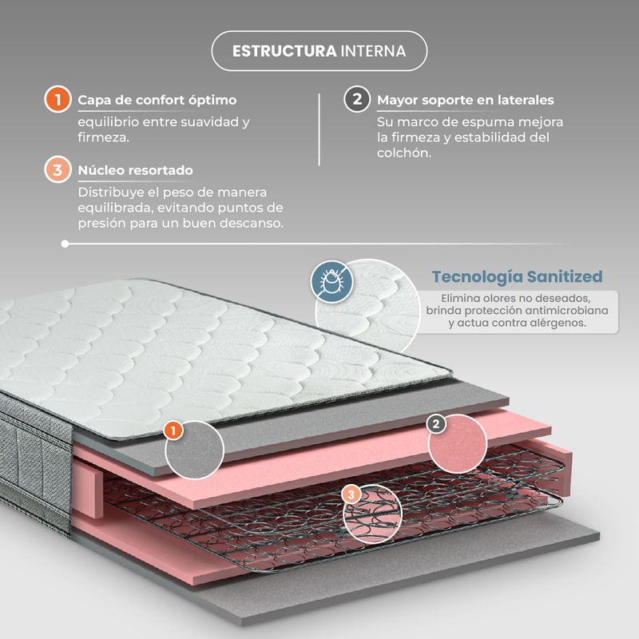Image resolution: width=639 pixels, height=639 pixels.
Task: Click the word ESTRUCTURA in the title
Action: (x=284, y=51)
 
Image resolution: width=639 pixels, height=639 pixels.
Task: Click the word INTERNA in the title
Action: (x=373, y=51)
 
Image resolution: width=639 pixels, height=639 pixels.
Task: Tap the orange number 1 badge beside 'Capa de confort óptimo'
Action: (x=58, y=99)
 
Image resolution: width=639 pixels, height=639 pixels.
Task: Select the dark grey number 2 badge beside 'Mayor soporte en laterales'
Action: (x=357, y=99)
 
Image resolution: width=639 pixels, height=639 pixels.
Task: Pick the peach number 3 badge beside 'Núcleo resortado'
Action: (x=58, y=169)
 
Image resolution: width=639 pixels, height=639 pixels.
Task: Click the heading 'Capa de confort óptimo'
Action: (x=157, y=100)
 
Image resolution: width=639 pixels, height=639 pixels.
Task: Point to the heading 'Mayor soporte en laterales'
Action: (x=466, y=100)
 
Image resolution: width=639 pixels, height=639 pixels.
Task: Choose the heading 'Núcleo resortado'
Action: (x=135, y=170)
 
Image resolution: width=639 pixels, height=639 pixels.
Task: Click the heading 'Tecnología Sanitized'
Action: (x=517, y=276)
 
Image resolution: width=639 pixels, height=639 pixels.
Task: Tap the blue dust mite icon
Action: (x=331, y=282)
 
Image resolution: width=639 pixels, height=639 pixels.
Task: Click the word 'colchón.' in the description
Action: (x=404, y=153)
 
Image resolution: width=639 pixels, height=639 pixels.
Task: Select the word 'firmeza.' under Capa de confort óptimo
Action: (x=104, y=137)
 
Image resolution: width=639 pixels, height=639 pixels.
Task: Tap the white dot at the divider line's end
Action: (x=65, y=244)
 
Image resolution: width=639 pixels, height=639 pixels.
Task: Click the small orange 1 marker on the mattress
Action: (x=173, y=431)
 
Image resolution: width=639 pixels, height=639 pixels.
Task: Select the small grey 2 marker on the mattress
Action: (x=435, y=424)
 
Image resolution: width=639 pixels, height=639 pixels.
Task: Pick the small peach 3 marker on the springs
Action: (x=351, y=494)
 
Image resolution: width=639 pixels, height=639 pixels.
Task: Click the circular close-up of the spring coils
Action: (x=372, y=514)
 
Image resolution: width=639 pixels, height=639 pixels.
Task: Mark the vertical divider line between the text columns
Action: (x=319, y=129)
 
